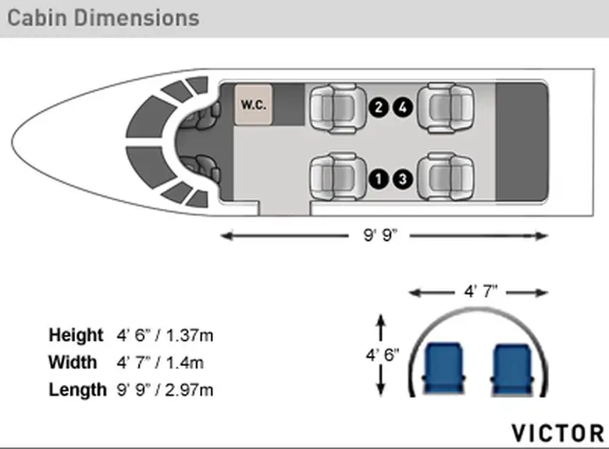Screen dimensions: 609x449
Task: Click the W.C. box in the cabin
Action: pyautogui.click(x=253, y=105)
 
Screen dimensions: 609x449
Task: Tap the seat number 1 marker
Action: pyautogui.click(x=379, y=179)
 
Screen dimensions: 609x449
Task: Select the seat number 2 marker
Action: pyautogui.click(x=379, y=107)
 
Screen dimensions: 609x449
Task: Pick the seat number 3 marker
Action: pyautogui.click(x=403, y=179)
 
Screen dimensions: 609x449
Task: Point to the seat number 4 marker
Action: pyautogui.click(x=403, y=107)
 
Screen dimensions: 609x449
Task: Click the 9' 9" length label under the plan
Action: pyautogui.click(x=380, y=235)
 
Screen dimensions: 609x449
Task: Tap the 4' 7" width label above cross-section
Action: pyautogui.click(x=480, y=291)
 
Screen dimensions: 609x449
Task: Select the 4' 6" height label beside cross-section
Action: pyautogui.click(x=382, y=355)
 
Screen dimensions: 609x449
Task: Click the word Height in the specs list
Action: pyautogui.click(x=77, y=335)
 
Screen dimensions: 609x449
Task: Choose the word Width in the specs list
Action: pyautogui.click(x=73, y=362)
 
